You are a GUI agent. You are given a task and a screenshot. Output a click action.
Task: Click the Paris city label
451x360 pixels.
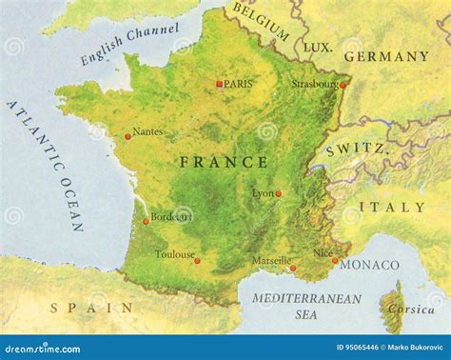[x=239, y=84]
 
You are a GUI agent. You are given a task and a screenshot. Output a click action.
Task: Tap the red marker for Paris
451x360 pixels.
[x=219, y=85]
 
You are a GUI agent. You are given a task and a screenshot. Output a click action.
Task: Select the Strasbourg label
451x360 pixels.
[x=315, y=84]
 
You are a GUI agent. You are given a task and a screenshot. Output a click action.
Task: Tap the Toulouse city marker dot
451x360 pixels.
[x=197, y=260]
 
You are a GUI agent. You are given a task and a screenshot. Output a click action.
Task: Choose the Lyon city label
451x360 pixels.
[x=262, y=193]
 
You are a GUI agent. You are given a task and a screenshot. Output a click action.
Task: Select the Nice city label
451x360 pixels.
[x=324, y=253]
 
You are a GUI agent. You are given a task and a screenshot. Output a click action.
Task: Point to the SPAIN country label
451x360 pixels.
[x=92, y=307]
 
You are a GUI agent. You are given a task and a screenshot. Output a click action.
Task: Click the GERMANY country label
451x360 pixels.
[x=386, y=57]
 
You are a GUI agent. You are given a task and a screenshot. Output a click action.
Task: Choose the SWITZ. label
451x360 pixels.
[x=356, y=150]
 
